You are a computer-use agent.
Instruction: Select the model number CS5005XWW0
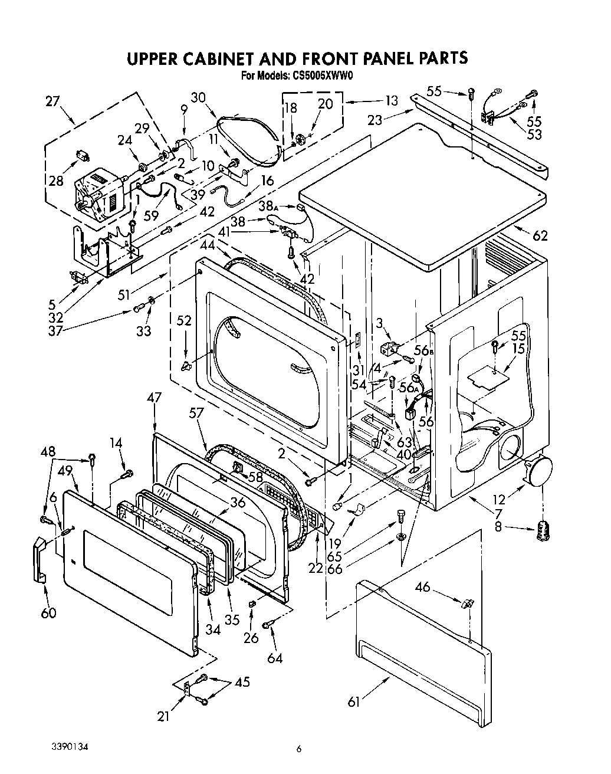[322, 76]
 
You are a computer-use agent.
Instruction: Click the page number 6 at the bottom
[299, 749]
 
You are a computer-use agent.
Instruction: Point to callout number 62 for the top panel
[540, 236]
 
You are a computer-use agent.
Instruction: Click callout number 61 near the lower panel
[354, 702]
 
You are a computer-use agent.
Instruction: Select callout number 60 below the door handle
[48, 613]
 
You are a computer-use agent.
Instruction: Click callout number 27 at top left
[53, 101]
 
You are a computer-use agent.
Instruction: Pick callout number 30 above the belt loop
[198, 98]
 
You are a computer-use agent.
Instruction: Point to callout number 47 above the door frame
[154, 398]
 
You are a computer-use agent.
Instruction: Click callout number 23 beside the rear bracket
[375, 121]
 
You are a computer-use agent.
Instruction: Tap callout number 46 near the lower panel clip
[439, 587]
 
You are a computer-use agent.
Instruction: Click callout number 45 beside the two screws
[242, 683]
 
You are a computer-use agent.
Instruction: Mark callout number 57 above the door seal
[196, 414]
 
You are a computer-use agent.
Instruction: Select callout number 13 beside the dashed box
[392, 100]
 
